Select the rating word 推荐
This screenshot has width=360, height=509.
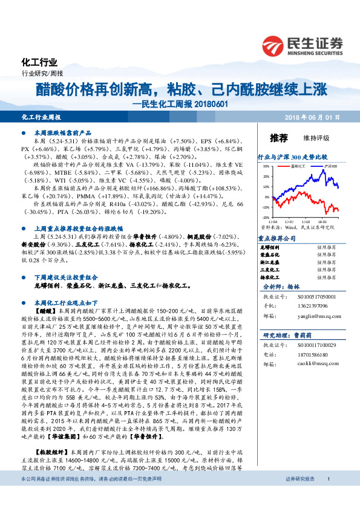[278, 137]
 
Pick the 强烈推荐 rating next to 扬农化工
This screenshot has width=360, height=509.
[326, 279]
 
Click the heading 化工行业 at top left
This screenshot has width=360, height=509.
[39, 63]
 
